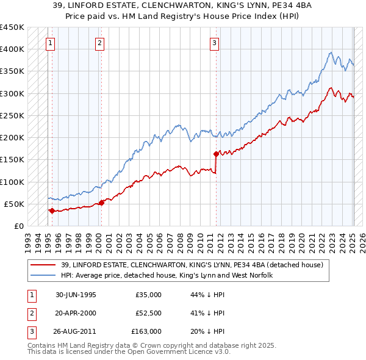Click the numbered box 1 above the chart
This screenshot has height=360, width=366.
click(x=49, y=43)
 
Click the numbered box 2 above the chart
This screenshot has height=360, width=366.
click(x=99, y=43)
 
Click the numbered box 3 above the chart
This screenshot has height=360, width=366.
click(x=215, y=43)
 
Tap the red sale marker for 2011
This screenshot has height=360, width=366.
click(x=216, y=154)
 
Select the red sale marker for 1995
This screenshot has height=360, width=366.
click(x=52, y=211)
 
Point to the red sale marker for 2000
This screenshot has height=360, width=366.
click(x=101, y=203)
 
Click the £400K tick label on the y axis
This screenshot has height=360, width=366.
click(x=12, y=49)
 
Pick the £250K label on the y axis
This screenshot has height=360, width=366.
click(x=12, y=115)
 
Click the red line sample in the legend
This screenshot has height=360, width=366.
click(x=43, y=264)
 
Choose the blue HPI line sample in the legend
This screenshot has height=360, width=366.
click(x=43, y=275)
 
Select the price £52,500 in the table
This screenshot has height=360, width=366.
click(x=148, y=313)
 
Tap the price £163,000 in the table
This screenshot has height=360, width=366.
click(x=146, y=331)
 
